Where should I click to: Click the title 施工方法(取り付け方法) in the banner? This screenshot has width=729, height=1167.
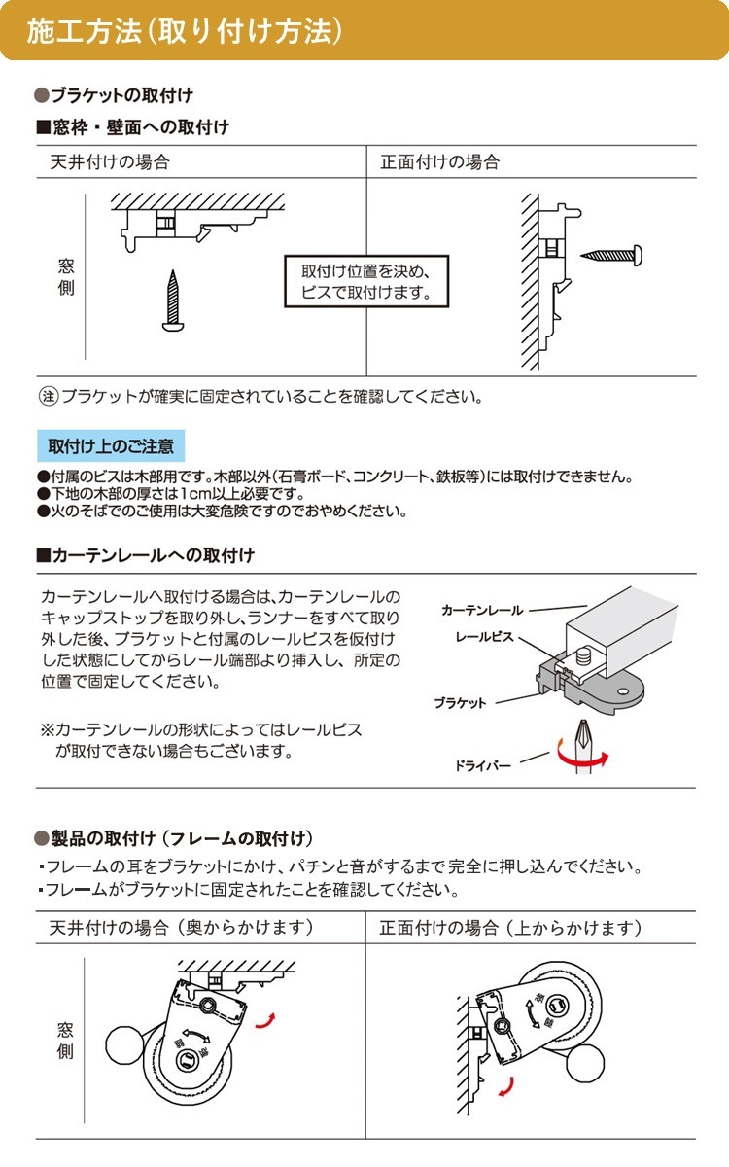pos(185,31)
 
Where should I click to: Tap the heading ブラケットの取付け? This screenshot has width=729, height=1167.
pos(121,95)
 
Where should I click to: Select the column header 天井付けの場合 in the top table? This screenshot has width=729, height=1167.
pos(109,162)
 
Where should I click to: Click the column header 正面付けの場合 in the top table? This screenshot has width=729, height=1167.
pos(439,162)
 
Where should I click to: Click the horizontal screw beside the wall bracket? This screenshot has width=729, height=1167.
pos(610,255)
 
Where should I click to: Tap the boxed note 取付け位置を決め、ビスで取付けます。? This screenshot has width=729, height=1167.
pos(365,282)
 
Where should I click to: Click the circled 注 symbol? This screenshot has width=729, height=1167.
pos(48,397)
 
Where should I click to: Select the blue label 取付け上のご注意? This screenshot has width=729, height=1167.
pos(111,446)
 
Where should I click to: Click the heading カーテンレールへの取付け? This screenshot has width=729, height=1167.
pos(152,555)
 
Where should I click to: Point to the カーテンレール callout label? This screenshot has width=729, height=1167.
pos(481,611)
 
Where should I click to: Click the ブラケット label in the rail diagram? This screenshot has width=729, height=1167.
pos(460,702)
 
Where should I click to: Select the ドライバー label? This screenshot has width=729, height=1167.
pos(482,766)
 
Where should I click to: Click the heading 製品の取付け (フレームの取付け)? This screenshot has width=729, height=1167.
pos(180,838)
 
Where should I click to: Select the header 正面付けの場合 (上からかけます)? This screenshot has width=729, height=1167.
pos(510,928)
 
